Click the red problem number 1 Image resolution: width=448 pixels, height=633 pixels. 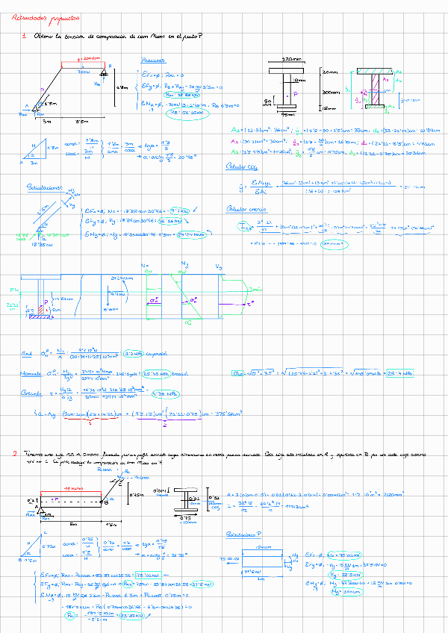pos(24,36)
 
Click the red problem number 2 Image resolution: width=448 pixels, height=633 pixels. pos(14,453)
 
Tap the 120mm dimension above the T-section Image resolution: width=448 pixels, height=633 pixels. pos(280,59)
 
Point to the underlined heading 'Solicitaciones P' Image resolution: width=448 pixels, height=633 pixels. pos(247,534)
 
